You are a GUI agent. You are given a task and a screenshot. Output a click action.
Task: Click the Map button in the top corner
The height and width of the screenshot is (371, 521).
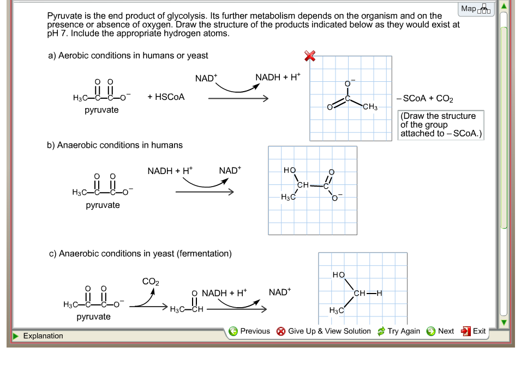[476, 9]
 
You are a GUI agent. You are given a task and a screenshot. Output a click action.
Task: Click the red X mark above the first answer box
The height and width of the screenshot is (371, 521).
[310, 56]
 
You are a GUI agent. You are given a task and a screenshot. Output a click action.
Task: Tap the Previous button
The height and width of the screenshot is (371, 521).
[249, 331]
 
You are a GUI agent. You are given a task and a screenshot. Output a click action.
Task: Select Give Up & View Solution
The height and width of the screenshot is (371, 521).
[324, 331]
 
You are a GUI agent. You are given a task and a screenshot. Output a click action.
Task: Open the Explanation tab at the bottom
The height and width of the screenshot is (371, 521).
[43, 336]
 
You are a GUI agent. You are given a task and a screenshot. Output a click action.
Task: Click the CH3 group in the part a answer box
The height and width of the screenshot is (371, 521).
[370, 107]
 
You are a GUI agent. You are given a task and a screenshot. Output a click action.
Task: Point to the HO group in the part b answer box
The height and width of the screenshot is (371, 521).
[290, 171]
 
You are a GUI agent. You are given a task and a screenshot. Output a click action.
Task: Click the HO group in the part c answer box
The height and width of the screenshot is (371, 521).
[339, 275]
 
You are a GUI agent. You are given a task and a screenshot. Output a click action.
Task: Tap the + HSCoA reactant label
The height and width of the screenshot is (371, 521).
[166, 97]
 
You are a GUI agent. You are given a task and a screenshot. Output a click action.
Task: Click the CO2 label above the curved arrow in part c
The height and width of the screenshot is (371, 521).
[151, 282]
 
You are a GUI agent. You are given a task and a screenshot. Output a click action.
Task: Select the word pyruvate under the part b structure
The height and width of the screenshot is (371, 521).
[103, 205]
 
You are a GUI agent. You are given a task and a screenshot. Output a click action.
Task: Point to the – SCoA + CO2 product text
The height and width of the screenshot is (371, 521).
[425, 99]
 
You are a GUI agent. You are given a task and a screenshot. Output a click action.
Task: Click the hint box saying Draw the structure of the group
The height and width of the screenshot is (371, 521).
[441, 124]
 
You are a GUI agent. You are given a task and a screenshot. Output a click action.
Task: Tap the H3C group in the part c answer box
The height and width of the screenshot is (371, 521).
[337, 310]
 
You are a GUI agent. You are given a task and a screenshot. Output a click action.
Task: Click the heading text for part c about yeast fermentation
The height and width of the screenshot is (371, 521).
[140, 254]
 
